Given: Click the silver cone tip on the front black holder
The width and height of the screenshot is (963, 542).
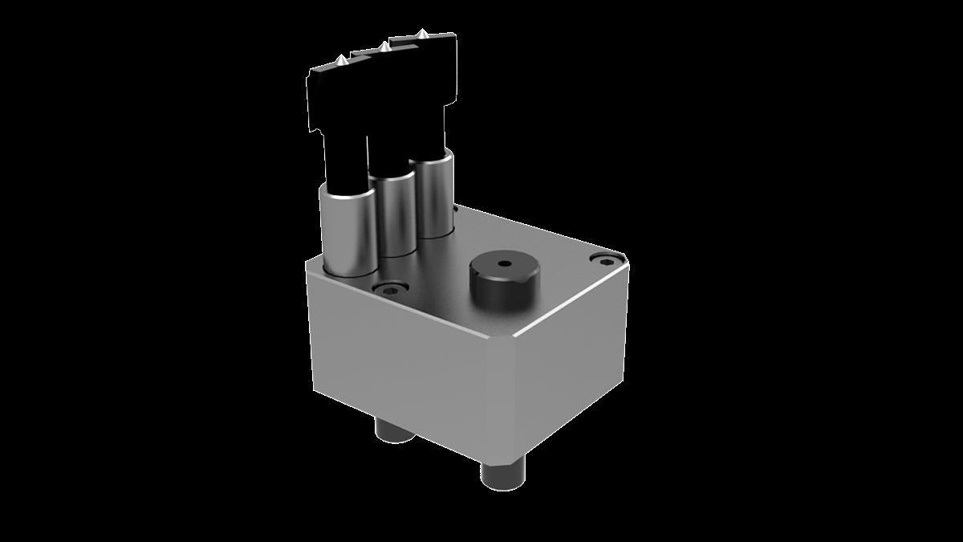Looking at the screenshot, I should point(342,61).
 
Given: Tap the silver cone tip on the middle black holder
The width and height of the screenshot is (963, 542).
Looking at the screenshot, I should point(385,47).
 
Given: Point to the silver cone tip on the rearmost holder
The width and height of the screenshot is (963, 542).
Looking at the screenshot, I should point(421,35).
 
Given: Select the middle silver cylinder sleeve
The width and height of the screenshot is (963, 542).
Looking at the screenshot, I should point(393,213).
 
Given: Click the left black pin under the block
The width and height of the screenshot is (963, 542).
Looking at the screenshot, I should point(393,432).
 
